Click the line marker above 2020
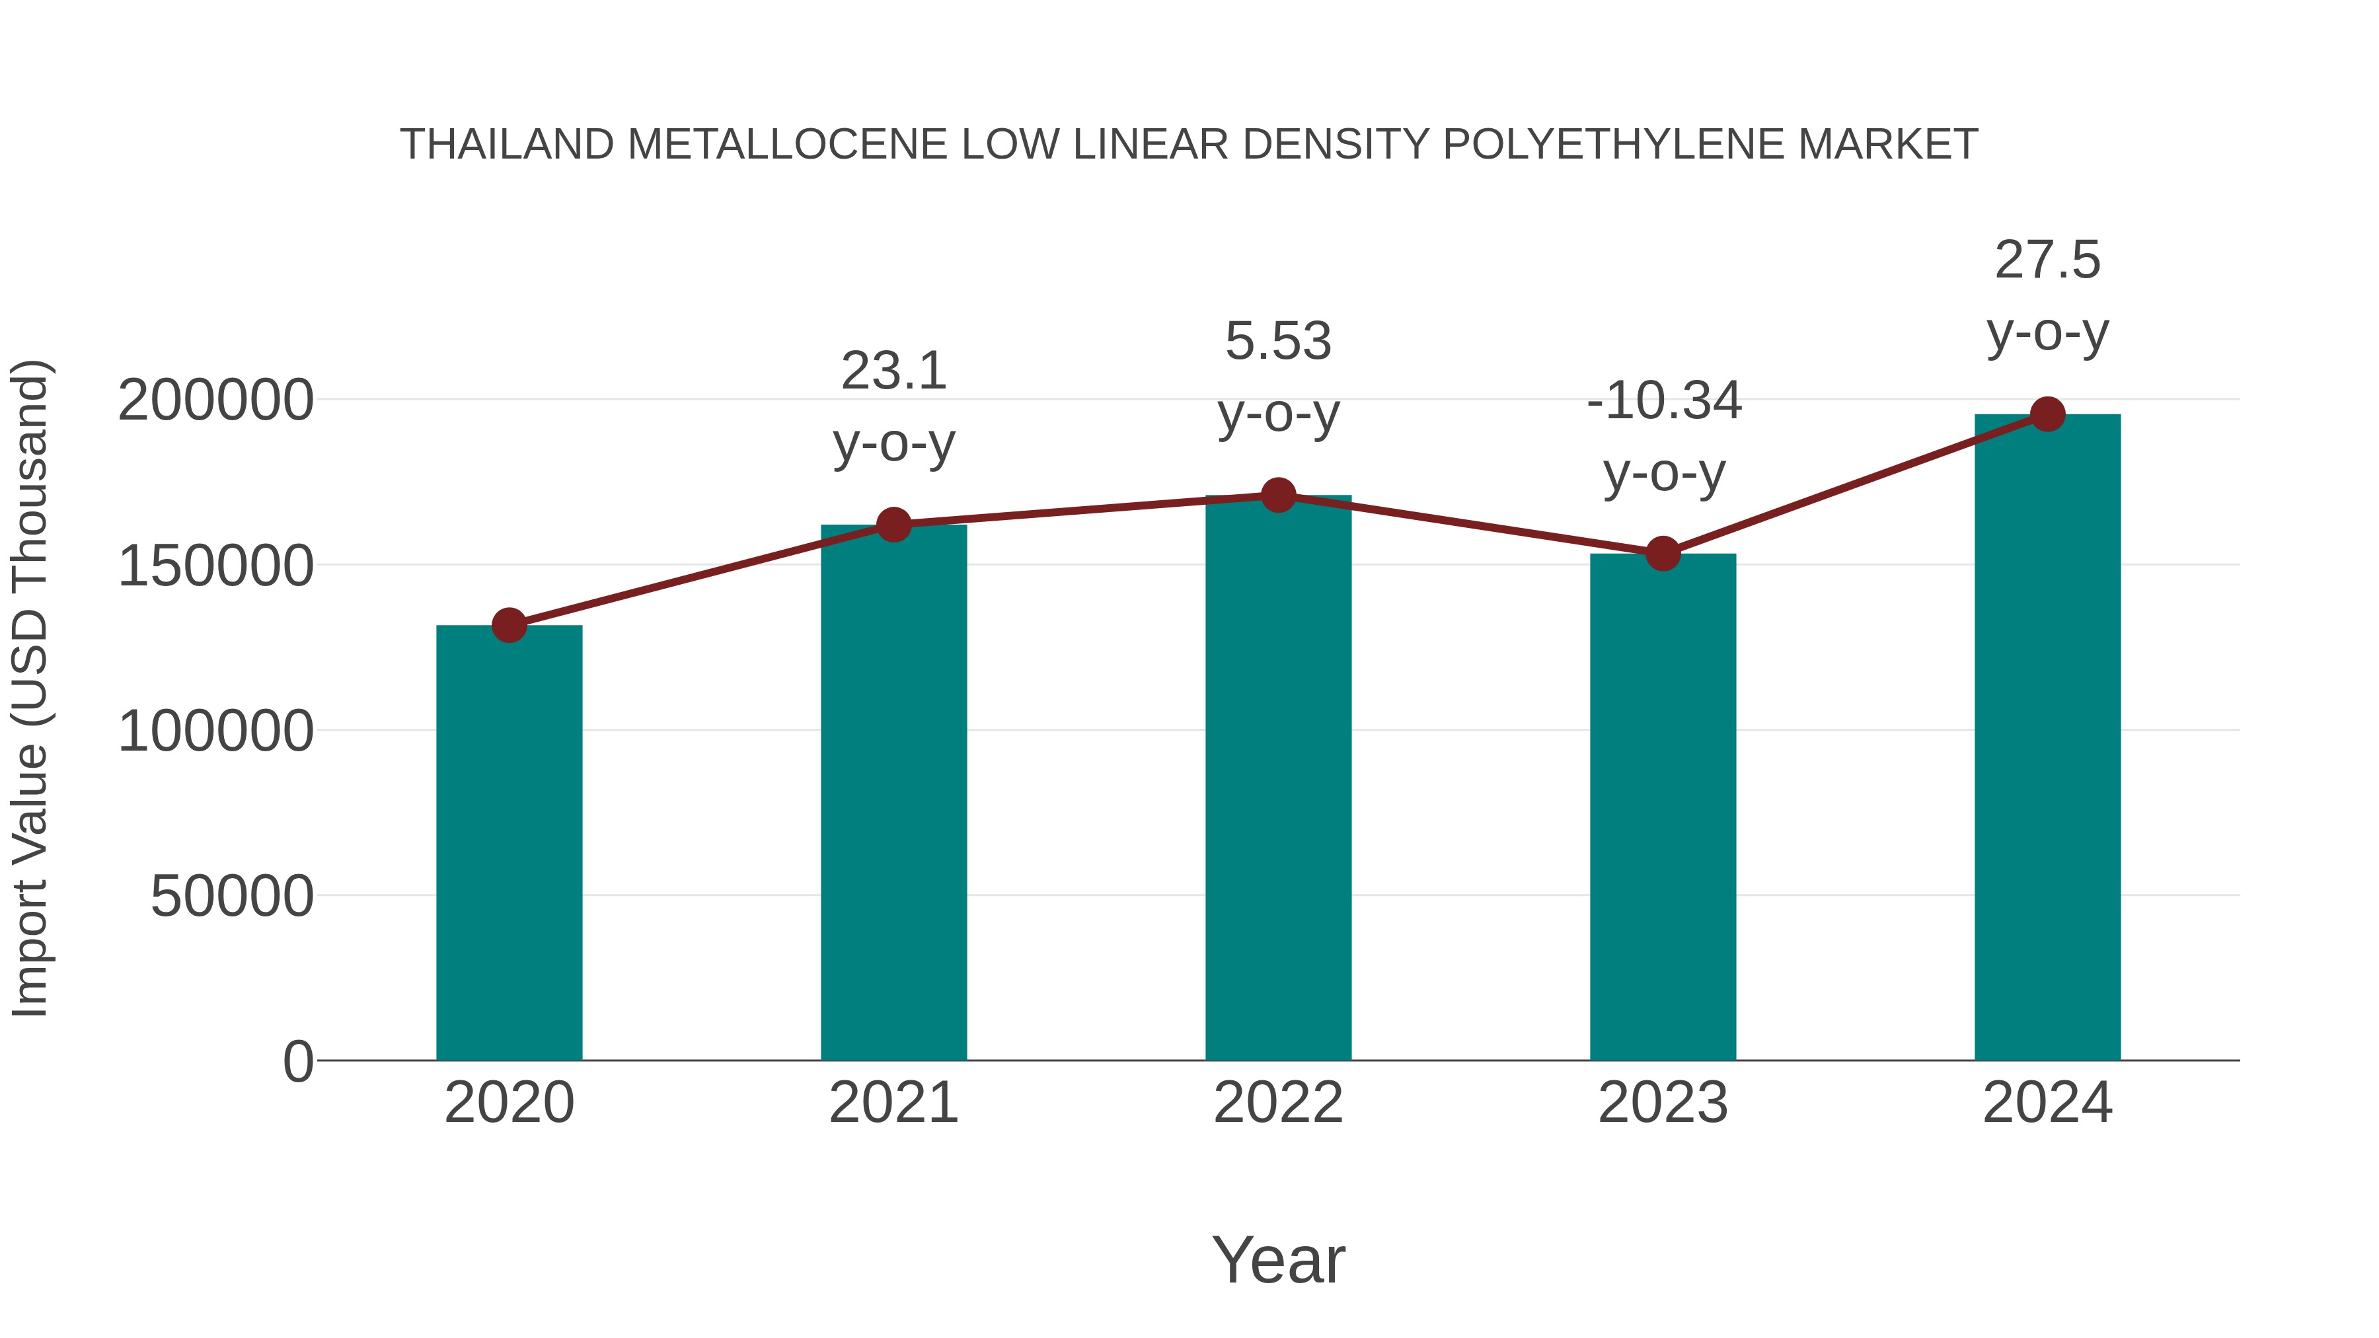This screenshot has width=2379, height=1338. click(509, 625)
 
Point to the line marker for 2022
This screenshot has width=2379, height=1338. click(1278, 495)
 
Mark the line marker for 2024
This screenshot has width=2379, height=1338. click(2047, 414)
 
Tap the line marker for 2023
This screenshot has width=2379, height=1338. click(1663, 553)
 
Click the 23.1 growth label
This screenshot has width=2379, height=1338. click(893, 371)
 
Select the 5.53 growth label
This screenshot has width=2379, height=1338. click(1278, 342)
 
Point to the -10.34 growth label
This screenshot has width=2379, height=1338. click(1663, 402)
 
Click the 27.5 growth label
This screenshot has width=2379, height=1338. click(2047, 260)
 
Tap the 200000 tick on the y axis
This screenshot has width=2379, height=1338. click(215, 401)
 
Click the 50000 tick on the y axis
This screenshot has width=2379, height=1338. click(232, 896)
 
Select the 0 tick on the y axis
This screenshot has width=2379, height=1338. click(298, 1061)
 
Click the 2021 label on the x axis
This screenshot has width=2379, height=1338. click(893, 1103)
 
